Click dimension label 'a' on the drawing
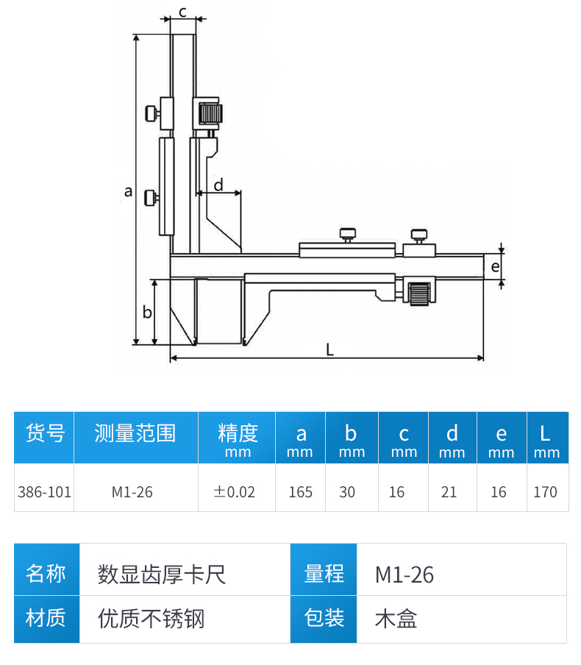[129, 191]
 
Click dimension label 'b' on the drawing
[147, 312]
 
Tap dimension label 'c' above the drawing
[182, 10]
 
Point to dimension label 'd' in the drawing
[218, 184]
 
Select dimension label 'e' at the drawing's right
[495, 266]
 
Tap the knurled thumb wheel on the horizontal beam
[420, 294]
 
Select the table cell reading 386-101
[44, 491]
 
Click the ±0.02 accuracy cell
[235, 491]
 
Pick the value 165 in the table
[300, 491]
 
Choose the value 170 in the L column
[545, 491]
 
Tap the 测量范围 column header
[135, 433]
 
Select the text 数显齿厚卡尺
[162, 574]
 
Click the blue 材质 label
[46, 618]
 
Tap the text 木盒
[396, 619]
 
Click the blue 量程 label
[324, 574]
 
